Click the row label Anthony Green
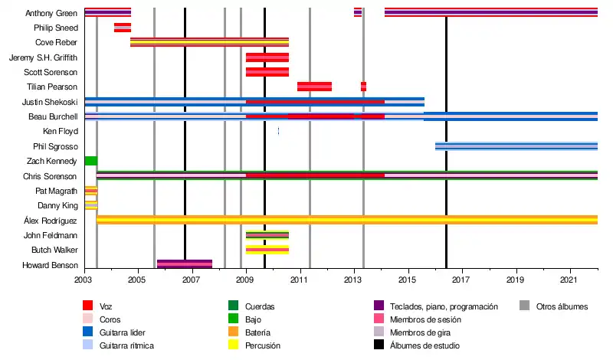[x=51, y=13]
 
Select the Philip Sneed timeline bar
[x=123, y=28]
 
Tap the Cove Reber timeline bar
[x=209, y=42]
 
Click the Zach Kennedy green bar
[x=90, y=161]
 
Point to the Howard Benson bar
[x=184, y=264]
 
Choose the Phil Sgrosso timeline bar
[x=516, y=146]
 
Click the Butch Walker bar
[x=267, y=250]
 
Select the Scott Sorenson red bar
[x=267, y=72]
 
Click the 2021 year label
[x=571, y=281]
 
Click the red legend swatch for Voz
[x=89, y=306]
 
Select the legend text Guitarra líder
[x=127, y=332]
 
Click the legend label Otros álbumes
[x=562, y=306]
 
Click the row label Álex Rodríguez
[x=51, y=221]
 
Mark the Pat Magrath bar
[x=90, y=190]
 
